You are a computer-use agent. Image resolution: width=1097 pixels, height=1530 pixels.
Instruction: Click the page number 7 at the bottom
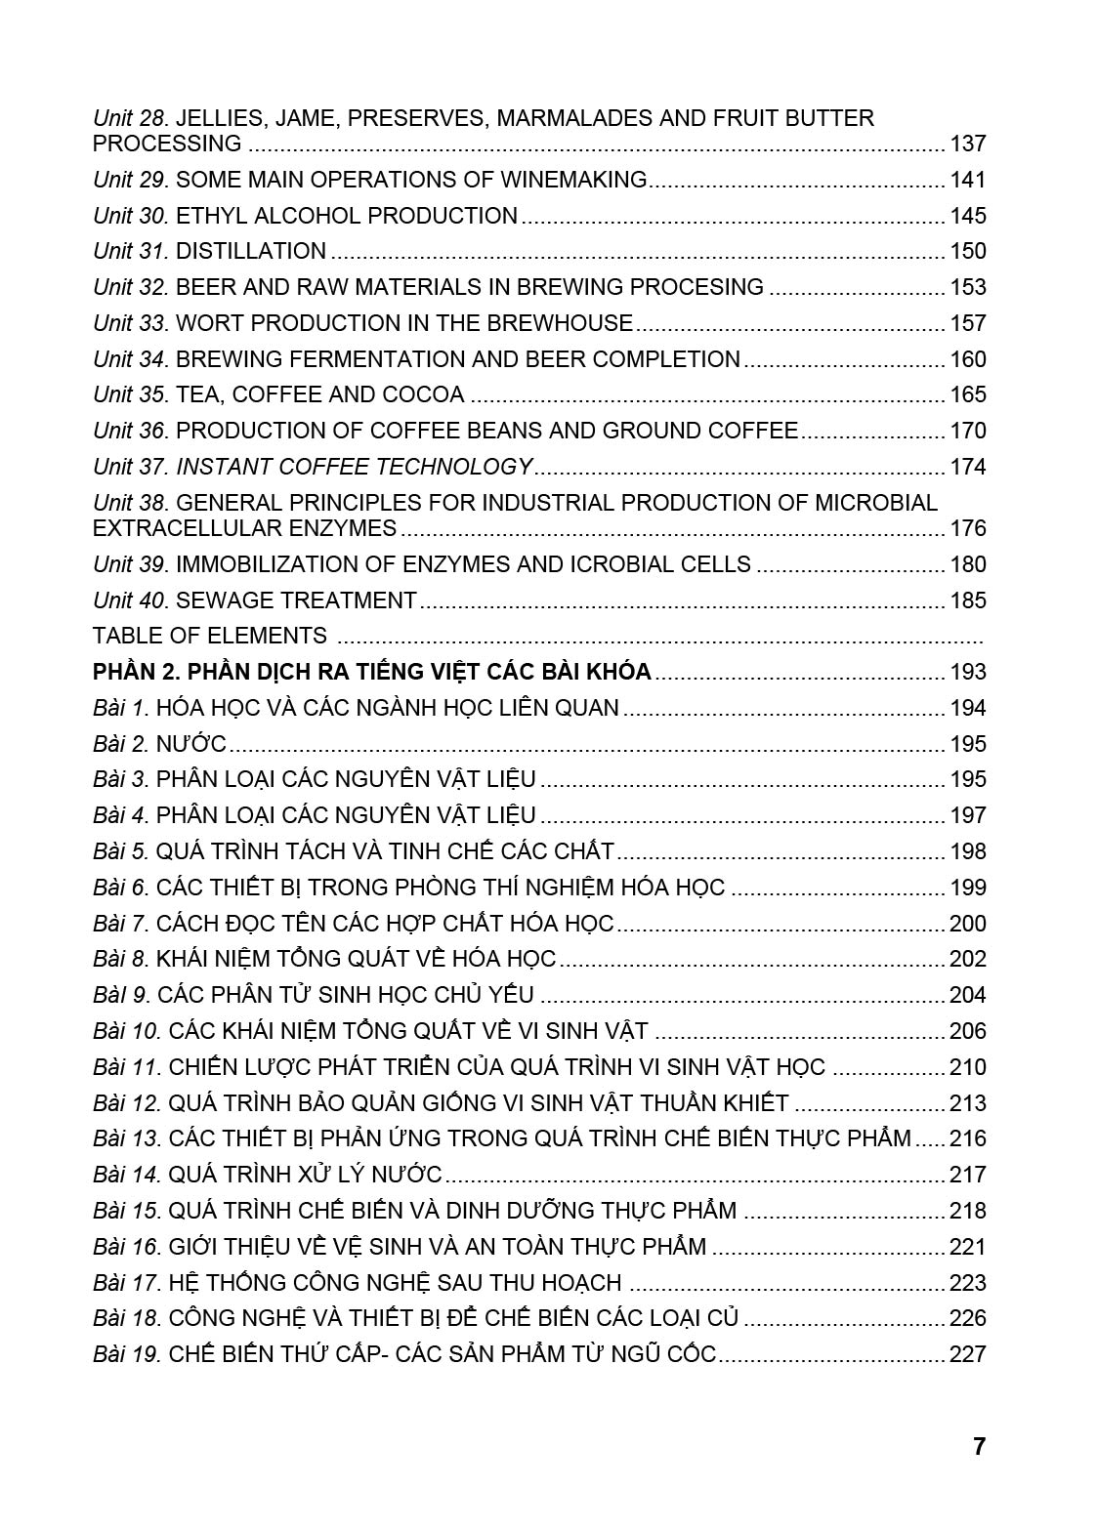[x=979, y=1446]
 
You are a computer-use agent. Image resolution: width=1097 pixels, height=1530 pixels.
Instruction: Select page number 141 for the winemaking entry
[x=967, y=180]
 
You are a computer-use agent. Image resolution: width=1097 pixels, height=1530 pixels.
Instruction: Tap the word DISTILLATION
[x=251, y=251]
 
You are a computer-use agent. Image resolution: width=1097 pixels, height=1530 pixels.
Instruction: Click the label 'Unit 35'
[x=130, y=394]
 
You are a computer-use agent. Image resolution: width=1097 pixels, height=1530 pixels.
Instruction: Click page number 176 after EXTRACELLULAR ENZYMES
[x=967, y=528]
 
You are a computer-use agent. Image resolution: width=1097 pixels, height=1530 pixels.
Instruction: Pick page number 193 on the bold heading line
[x=967, y=672]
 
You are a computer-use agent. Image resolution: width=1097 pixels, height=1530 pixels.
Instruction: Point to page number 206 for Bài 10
[x=967, y=1031]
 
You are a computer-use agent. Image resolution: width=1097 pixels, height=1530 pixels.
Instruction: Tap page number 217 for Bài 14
[x=967, y=1175]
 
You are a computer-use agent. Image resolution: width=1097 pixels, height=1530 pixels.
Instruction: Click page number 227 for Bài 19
[x=967, y=1354]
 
